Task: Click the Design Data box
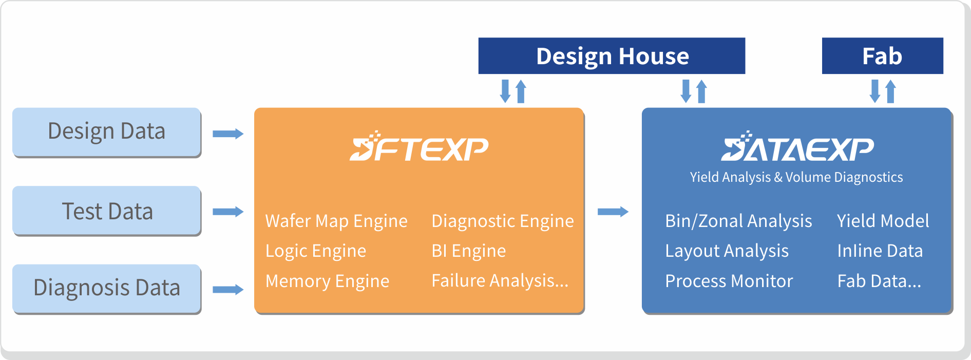(x=106, y=131)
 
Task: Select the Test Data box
(x=106, y=211)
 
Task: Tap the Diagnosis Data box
(x=106, y=288)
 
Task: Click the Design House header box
(x=612, y=56)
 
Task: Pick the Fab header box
(x=882, y=56)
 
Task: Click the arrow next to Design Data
(x=228, y=134)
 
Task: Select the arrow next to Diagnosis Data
(x=228, y=290)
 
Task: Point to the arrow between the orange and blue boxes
(x=613, y=212)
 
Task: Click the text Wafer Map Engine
(x=336, y=221)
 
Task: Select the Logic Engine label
(x=316, y=251)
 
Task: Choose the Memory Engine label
(x=327, y=281)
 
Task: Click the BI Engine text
(x=469, y=251)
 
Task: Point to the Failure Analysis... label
(x=500, y=281)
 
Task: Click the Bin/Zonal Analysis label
(x=738, y=221)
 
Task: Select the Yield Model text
(x=883, y=221)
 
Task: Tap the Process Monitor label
(x=729, y=281)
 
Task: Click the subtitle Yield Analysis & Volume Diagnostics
(x=796, y=177)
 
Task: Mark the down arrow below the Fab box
(x=875, y=91)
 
